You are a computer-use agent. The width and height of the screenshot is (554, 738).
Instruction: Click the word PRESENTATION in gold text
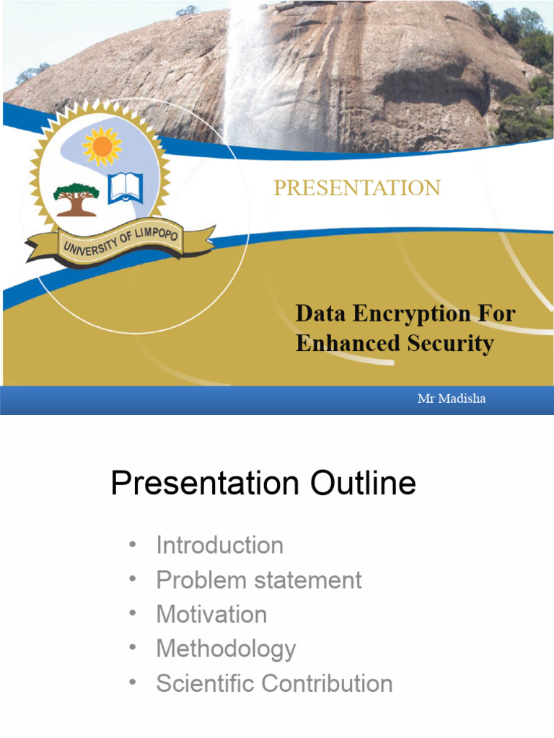356,188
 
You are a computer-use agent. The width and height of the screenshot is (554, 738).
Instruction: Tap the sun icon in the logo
102,146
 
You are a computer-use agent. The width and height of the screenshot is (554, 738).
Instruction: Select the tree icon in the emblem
76,198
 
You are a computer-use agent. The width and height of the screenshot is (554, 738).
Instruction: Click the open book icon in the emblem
126,187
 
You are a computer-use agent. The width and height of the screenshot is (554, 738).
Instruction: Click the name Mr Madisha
452,399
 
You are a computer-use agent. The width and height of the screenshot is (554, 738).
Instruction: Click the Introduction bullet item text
219,546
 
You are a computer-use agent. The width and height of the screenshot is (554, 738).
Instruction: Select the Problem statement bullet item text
259,580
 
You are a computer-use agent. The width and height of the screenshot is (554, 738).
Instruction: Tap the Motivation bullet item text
211,615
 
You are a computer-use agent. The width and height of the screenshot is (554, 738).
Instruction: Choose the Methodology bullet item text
226,649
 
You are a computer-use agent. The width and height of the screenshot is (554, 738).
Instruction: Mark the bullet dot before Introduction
131,545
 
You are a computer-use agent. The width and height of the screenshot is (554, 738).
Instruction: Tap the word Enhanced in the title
347,343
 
